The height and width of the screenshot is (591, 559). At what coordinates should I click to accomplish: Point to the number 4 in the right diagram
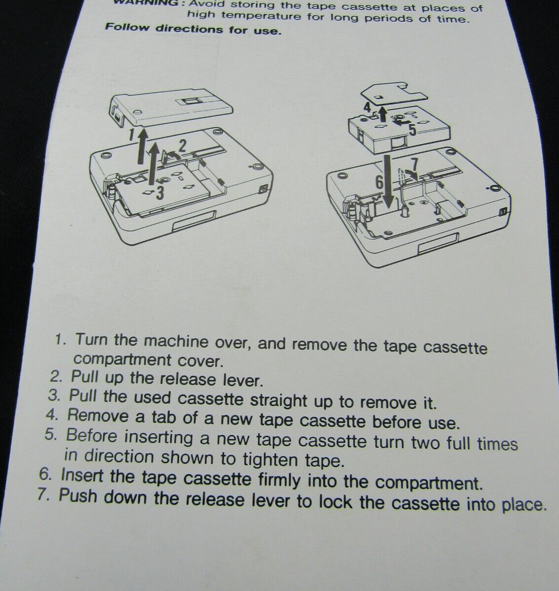368,108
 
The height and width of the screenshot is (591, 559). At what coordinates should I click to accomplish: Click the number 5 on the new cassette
412,130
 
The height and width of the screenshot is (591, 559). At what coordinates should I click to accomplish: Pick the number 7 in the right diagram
415,164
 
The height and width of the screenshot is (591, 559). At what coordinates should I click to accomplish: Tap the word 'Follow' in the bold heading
127,27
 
